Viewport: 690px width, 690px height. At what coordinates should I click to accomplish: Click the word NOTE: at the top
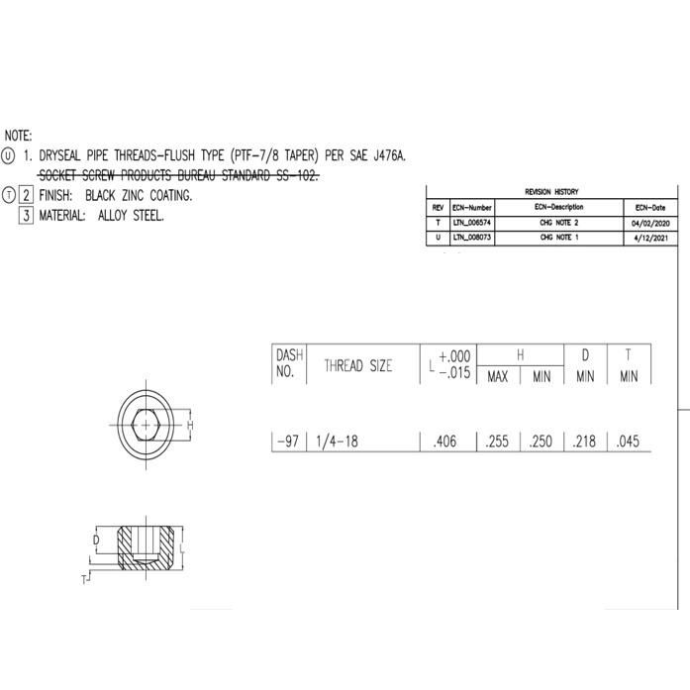[x=19, y=136]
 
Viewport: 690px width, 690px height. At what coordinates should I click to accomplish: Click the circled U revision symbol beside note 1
[x=9, y=156]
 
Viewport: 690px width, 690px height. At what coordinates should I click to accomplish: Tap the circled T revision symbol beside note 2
[x=9, y=195]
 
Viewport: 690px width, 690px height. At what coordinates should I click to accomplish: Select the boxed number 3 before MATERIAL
[x=28, y=215]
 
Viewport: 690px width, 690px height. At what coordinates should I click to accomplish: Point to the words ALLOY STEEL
[x=132, y=215]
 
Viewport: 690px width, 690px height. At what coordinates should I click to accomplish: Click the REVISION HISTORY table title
[x=551, y=191]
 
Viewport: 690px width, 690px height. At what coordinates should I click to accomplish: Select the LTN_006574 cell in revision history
[x=471, y=223]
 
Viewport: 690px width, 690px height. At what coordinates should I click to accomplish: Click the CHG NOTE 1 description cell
[x=558, y=239]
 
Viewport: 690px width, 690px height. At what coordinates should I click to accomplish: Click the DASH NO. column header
[x=288, y=364]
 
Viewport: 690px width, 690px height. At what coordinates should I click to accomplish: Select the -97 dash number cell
[x=288, y=443]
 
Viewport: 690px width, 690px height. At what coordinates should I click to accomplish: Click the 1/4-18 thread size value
[x=334, y=443]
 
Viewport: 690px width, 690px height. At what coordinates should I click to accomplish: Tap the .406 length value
[x=446, y=443]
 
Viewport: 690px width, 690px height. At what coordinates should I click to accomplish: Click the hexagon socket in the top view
[x=147, y=424]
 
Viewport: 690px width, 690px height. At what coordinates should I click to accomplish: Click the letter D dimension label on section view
[x=96, y=541]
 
